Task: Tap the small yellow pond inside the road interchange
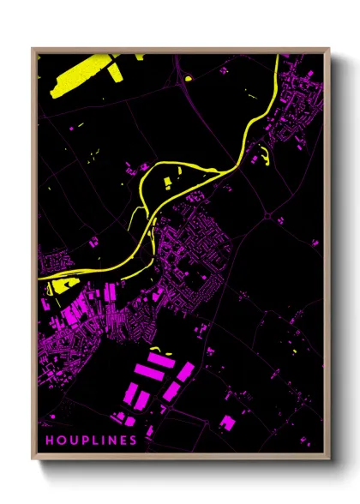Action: (188, 79)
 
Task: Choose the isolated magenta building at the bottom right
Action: (228, 422)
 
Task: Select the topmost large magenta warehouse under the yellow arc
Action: (163, 361)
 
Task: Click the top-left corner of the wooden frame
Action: (33, 49)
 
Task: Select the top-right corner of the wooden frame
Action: (328, 49)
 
